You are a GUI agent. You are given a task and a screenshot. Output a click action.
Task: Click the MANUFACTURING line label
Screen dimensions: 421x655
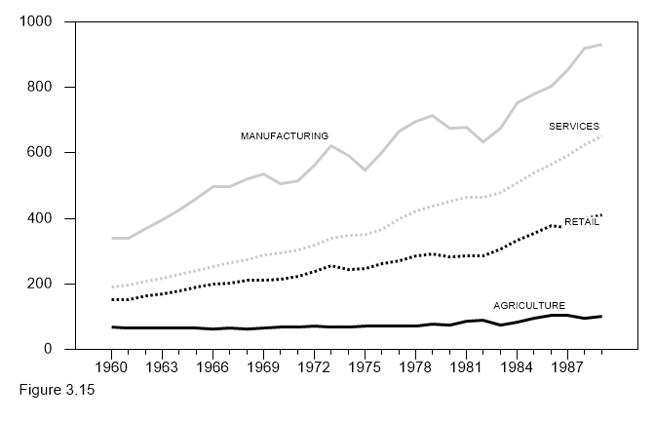pos(285,135)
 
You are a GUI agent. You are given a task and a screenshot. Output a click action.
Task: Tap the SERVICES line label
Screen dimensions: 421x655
pos(574,127)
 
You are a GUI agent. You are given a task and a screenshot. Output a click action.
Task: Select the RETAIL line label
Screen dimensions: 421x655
pos(582,222)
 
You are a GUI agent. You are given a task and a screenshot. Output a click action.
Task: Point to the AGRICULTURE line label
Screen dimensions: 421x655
pos(529,305)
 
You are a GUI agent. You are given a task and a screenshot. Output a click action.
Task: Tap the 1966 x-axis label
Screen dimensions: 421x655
pos(212,368)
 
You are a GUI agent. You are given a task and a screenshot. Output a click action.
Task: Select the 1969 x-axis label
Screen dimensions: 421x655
pos(263,368)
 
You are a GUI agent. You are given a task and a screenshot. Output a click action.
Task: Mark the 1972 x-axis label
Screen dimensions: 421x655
pos(314,368)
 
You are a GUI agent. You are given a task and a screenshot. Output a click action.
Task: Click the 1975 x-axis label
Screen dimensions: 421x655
pos(365,368)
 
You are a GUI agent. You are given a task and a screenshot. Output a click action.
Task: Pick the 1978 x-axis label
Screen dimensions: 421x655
pos(415,368)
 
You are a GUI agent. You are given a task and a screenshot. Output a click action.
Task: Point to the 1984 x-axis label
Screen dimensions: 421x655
pos(517,368)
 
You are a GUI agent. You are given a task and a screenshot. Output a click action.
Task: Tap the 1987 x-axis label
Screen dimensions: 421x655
pos(567,368)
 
